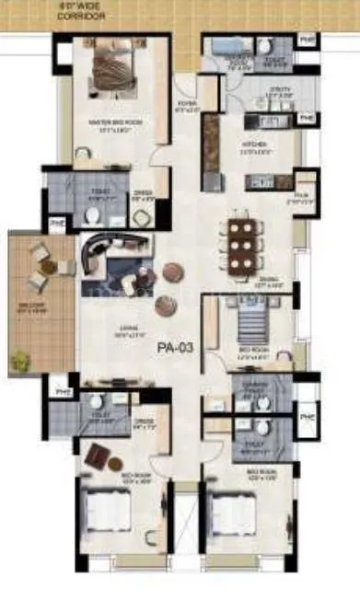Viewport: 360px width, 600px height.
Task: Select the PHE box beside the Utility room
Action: (x=307, y=119)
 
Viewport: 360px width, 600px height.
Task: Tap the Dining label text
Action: (x=269, y=283)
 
